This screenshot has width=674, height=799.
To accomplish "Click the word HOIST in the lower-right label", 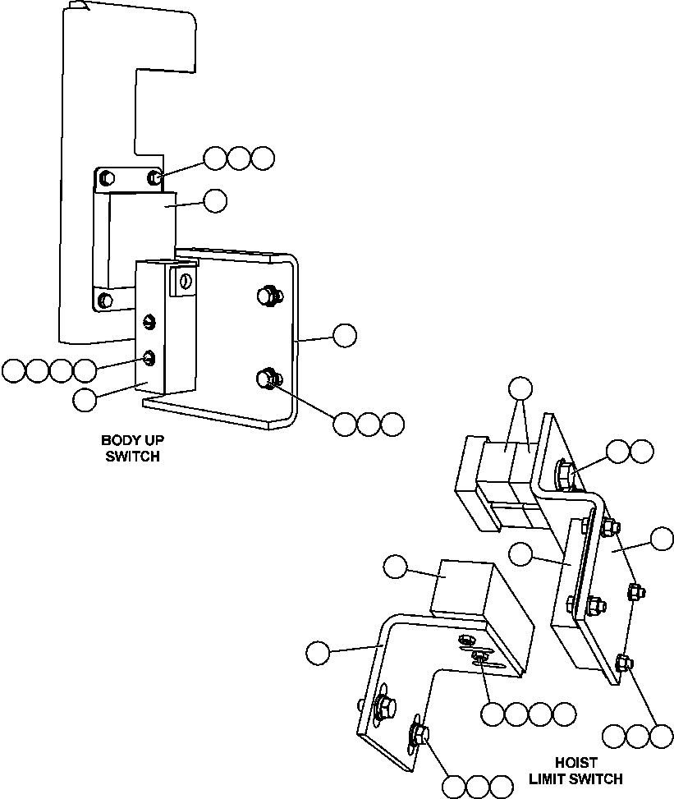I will tap(575, 763).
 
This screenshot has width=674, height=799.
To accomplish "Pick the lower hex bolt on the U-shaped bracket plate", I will tap(267, 379).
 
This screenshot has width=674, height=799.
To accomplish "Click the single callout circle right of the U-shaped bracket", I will tap(345, 335).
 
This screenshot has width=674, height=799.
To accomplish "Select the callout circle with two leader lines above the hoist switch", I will tap(520, 388).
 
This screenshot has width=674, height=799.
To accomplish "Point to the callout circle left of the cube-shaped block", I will tap(395, 567).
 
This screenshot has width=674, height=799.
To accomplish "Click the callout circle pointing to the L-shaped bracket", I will tap(318, 653).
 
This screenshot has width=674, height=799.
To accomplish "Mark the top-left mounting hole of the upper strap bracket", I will tap(106, 178).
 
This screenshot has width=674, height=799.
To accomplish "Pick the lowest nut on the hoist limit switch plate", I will tap(624, 660).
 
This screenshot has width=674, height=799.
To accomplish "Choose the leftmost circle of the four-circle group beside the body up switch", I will tap(13, 371).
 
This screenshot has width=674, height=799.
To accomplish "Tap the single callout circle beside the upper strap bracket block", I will tap(215, 201).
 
